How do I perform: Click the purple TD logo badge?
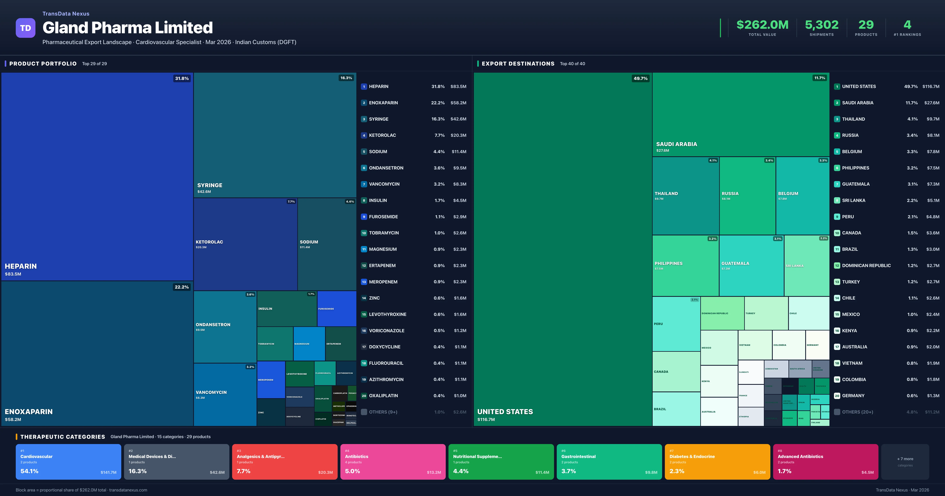pyautogui.click(x=25, y=28)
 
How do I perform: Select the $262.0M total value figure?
pyautogui.click(x=762, y=25)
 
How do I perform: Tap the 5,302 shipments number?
pyautogui.click(x=821, y=25)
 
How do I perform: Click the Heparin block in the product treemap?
pyautogui.click(x=97, y=176)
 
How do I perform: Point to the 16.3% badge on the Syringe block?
pyautogui.click(x=346, y=78)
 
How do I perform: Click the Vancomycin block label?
pyautogui.click(x=211, y=392)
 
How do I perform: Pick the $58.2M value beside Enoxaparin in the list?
pyautogui.click(x=458, y=103)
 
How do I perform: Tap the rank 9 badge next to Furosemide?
pyautogui.click(x=364, y=217)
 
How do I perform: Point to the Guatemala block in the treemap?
pyautogui.click(x=751, y=266)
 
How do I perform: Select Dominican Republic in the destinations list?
pyautogui.click(x=866, y=266)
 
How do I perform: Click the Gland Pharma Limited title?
pyautogui.click(x=128, y=28)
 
